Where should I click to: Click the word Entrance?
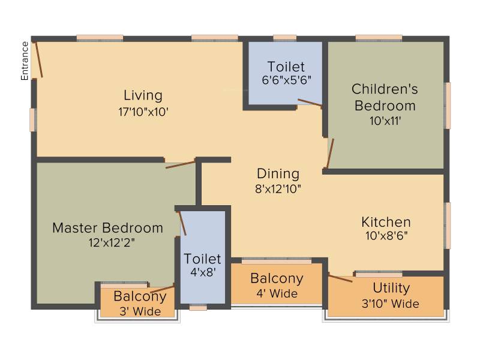[25, 61]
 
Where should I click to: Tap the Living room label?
[143, 95]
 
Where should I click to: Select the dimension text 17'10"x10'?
[143, 112]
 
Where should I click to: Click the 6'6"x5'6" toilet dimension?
[287, 80]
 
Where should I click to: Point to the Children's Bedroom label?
[385, 97]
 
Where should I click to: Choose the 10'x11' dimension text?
[385, 121]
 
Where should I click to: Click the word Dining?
[278, 174]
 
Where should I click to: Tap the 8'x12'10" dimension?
[278, 189]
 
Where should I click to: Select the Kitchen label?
[386, 222]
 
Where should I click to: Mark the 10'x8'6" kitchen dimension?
[386, 236]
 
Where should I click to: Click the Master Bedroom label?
[108, 228]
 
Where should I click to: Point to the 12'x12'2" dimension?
[112, 243]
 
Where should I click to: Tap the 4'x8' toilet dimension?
[203, 272]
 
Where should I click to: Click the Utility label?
[391, 289]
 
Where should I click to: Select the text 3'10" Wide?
[391, 304]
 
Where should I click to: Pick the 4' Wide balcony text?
[277, 293]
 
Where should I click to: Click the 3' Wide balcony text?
[140, 311]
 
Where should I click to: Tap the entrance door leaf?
[39, 59]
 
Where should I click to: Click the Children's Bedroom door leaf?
[331, 154]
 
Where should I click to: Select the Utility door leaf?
[340, 278]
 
